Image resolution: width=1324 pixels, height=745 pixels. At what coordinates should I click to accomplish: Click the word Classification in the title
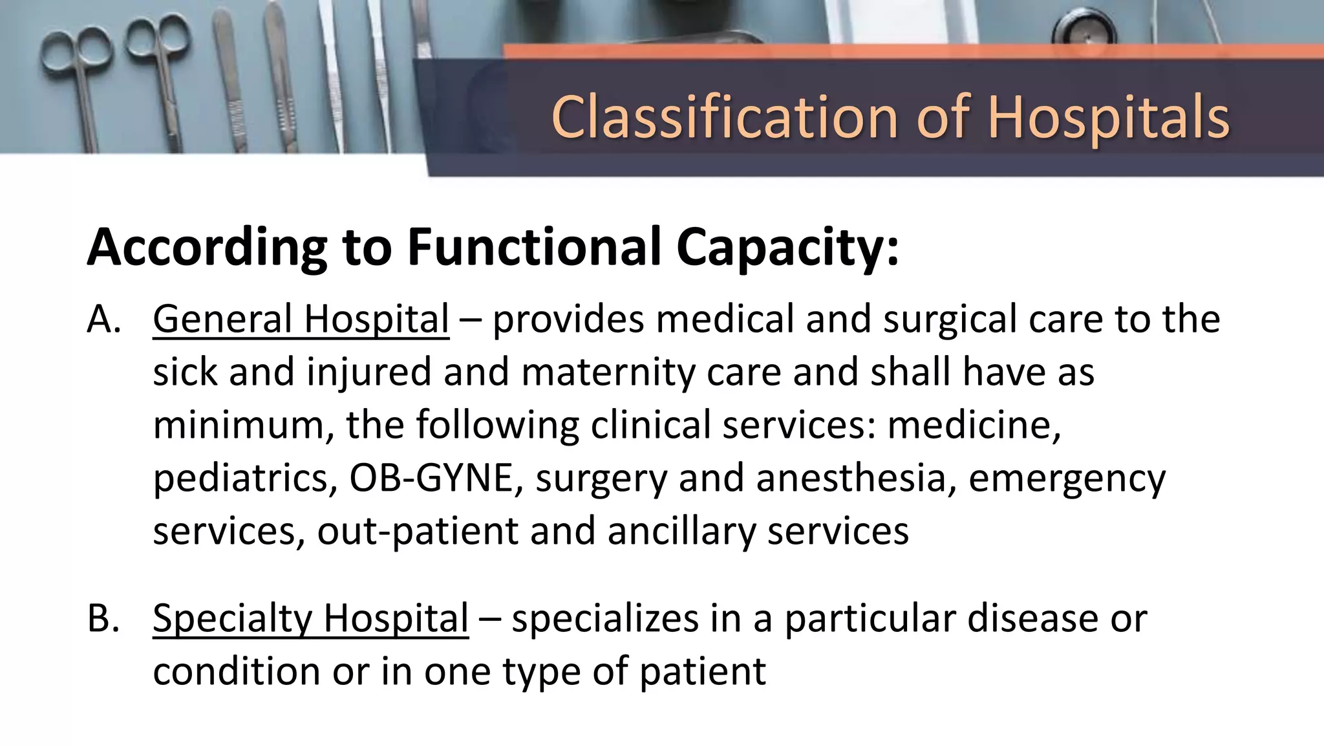(724, 117)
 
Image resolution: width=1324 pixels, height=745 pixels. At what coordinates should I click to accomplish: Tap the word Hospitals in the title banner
(1108, 117)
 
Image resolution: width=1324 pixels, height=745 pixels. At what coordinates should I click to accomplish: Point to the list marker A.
(103, 319)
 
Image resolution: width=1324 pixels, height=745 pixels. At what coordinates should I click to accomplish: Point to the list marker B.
(103, 618)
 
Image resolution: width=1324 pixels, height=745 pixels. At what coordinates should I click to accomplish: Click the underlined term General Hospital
(301, 319)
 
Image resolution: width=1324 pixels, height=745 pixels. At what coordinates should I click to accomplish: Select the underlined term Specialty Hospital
(310, 618)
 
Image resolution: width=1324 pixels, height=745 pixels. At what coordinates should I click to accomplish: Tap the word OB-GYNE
(431, 479)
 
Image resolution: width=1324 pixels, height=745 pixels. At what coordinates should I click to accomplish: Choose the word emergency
(1067, 479)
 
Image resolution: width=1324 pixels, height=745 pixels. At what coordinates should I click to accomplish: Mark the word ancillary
(681, 532)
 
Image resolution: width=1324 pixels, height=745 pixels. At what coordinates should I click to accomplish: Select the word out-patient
(417, 532)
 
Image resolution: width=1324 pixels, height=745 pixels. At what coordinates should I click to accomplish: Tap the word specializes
(605, 618)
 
